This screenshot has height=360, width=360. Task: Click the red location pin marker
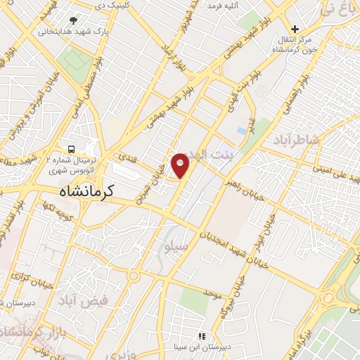pos(181,165)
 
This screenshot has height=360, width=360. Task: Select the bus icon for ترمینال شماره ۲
pos(72,149)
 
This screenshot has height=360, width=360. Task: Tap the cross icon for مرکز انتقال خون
pos(295,29)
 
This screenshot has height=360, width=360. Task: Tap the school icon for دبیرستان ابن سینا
pos(202,336)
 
